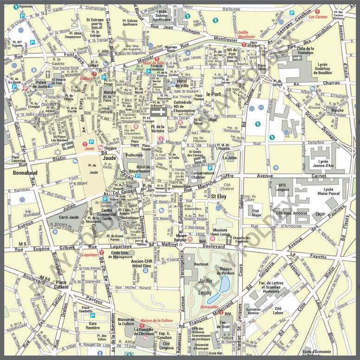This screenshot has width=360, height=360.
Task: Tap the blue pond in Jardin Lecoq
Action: [x=225, y=283]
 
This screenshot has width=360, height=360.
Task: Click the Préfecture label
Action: [x=134, y=155]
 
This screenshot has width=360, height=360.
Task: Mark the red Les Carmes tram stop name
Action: [x=318, y=17]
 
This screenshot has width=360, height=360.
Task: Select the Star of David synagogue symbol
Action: [x=58, y=152]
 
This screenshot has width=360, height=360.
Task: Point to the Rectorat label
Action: [x=201, y=264]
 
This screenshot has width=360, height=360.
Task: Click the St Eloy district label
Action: [x=218, y=196]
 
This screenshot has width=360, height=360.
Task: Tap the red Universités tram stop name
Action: [x=210, y=307]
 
